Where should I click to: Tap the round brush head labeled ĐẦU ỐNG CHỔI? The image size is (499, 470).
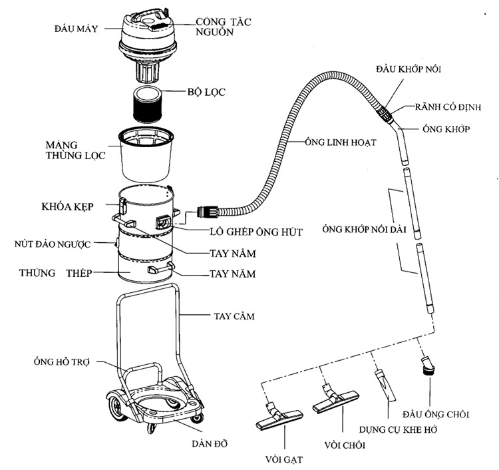click(425, 367)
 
